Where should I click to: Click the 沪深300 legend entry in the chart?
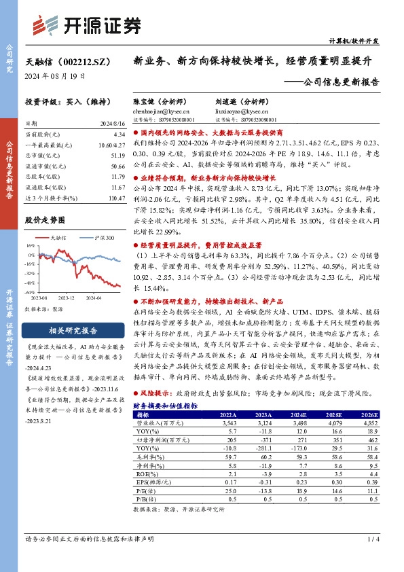coord(105,239)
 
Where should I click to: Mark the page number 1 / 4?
coord(373,539)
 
